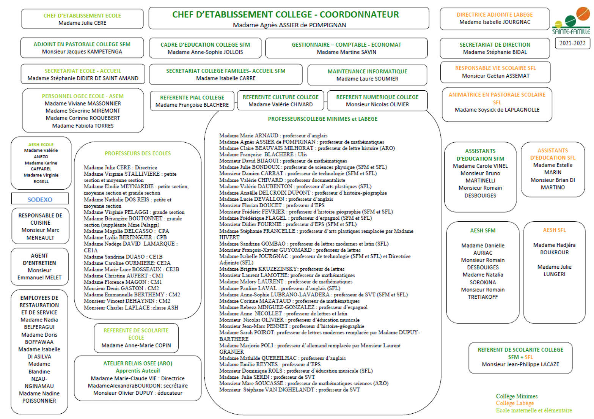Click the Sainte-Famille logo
571,21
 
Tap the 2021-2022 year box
572,43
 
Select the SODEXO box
40,199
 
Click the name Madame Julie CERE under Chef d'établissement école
82,23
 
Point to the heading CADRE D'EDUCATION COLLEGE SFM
205,45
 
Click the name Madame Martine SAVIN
346,52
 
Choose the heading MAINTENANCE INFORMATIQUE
367,71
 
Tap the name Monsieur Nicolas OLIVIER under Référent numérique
377,104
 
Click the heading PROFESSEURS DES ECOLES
138,153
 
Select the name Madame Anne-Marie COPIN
136,345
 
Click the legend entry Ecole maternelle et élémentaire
534,410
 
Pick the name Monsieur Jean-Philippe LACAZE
520,364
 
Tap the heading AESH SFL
554,230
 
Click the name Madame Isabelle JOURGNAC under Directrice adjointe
495,22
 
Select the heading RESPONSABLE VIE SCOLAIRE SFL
495,68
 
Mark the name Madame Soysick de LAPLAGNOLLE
497,110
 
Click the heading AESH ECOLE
41,145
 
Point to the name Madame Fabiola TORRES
83,126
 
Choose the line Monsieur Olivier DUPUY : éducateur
138,393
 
